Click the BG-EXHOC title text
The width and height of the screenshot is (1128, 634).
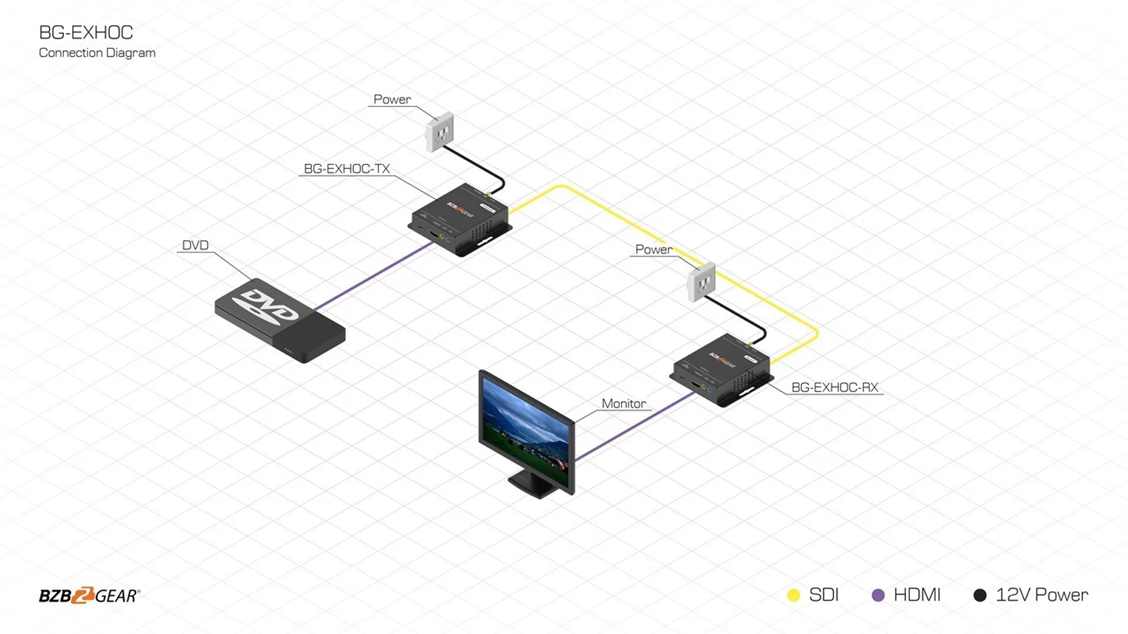click(86, 33)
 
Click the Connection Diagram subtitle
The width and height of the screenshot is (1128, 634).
click(97, 53)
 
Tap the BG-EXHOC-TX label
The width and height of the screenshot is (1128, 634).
click(347, 169)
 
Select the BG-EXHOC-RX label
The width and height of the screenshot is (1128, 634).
click(835, 387)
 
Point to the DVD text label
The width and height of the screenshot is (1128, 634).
click(195, 245)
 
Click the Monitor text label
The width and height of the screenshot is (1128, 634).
click(624, 403)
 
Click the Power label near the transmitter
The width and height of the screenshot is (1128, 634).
click(392, 99)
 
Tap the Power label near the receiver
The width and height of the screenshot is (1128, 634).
click(654, 249)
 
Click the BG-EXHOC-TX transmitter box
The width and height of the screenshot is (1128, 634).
click(460, 219)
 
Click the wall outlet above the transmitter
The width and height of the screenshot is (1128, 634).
click(439, 131)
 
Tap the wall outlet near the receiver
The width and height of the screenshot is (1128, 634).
click(701, 281)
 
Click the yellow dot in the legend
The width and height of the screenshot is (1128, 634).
click(793, 595)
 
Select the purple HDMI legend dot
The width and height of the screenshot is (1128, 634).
click(878, 595)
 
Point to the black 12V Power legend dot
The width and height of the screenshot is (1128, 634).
click(979, 595)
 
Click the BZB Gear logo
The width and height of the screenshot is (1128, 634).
click(89, 595)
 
